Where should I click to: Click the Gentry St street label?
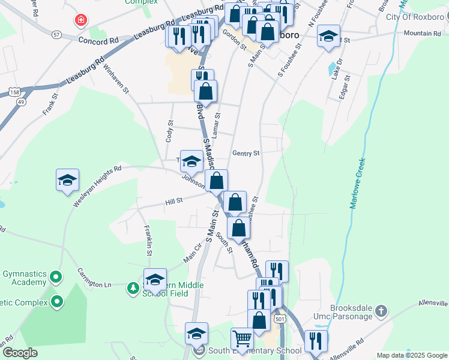246,153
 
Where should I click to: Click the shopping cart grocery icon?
242,339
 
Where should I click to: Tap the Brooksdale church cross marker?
380,311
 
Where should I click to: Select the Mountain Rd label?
422,33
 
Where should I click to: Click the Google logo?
19,353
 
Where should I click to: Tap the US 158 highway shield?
14,91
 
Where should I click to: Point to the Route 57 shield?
56,35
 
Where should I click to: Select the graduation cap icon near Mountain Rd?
328,36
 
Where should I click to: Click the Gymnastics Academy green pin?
56,277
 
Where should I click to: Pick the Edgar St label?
345,89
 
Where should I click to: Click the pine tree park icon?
133,289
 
